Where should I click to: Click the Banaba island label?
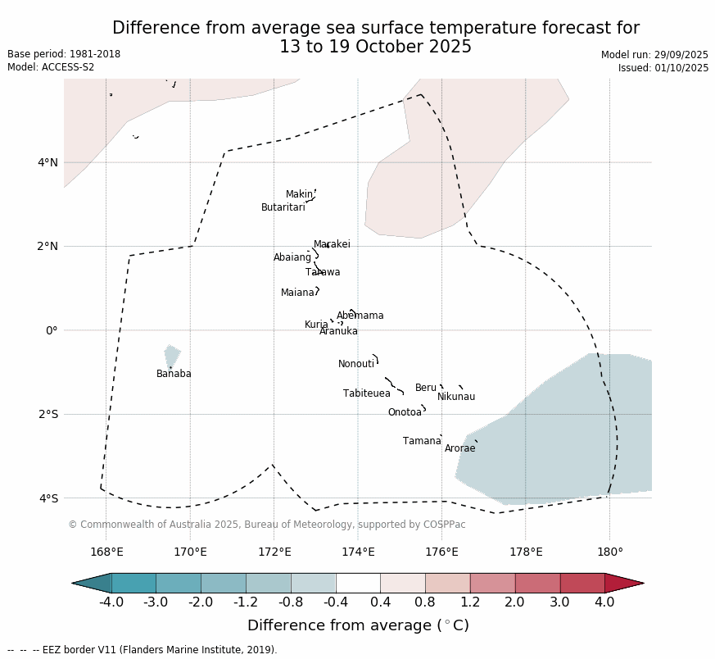click(174, 374)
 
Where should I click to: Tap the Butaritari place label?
click(283, 207)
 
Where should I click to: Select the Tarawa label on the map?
click(323, 272)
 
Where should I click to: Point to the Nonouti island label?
click(356, 364)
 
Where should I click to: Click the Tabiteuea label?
click(366, 393)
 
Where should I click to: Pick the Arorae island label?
click(459, 448)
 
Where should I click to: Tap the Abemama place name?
click(360, 316)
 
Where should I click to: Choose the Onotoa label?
click(405, 412)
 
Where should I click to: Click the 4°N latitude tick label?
click(48, 162)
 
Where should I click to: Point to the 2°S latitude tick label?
click(48, 414)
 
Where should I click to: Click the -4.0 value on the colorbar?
click(111, 602)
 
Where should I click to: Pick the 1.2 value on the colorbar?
click(470, 602)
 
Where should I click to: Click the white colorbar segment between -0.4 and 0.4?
click(358, 583)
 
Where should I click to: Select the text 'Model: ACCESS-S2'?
click(51, 67)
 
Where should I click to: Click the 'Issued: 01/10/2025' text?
click(663, 68)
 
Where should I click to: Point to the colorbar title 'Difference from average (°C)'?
click(358, 625)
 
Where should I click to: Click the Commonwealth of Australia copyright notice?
click(266, 525)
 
